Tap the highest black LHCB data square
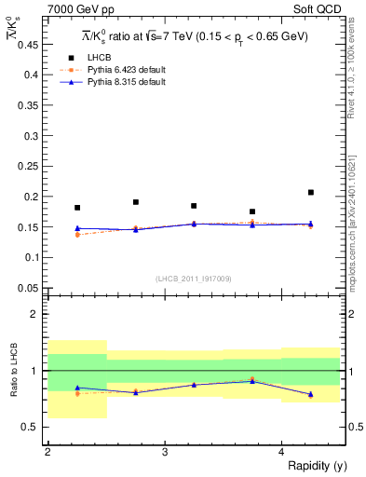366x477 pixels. pyautogui.click(x=311, y=193)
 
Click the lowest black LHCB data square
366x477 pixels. pyautogui.click(x=252, y=211)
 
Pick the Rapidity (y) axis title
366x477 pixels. pyautogui.click(x=309, y=466)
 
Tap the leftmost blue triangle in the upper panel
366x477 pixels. pyautogui.click(x=77, y=228)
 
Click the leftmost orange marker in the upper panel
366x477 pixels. pyautogui.click(x=77, y=235)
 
